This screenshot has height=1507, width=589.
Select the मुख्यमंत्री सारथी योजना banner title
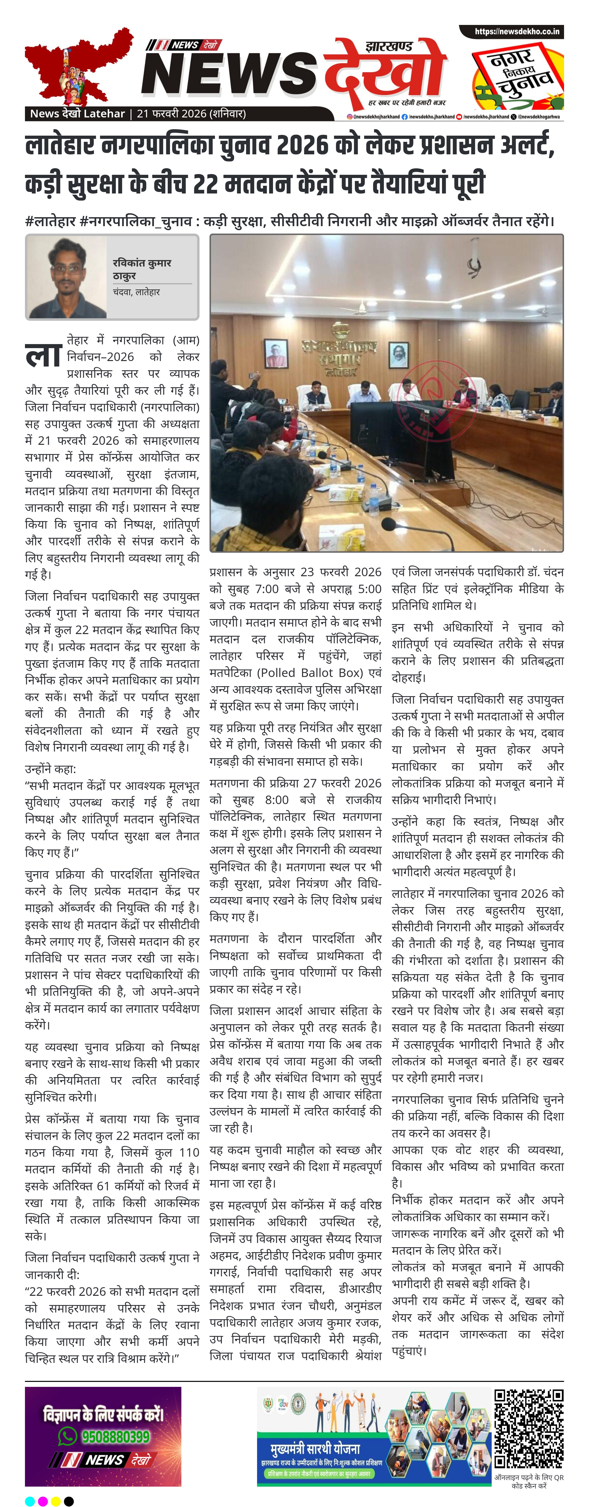coord(315,1448)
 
